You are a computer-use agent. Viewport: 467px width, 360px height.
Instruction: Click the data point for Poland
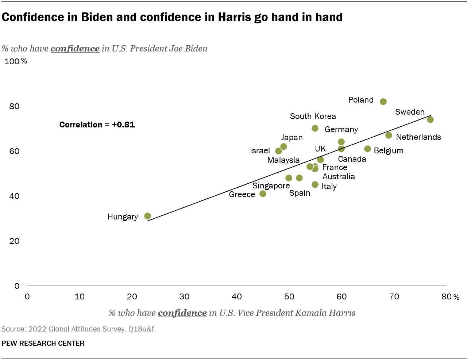383,102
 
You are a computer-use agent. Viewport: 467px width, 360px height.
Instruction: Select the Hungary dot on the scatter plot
147,216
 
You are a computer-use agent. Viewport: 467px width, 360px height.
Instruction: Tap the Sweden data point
430,119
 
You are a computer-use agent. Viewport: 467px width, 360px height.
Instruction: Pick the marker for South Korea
315,128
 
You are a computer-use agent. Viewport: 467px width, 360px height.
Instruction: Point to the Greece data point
263,194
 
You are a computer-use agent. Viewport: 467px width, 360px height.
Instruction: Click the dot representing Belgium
367,149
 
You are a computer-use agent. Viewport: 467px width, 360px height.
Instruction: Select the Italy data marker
315,184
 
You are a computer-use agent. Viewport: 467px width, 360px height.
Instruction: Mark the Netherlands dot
389,135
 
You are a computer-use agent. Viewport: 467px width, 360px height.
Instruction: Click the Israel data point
278,151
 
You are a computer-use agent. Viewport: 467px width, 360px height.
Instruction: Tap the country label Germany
341,130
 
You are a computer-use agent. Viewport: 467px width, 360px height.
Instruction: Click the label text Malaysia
283,160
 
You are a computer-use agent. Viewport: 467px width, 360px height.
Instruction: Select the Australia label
339,177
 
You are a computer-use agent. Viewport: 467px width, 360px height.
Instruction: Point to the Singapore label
271,186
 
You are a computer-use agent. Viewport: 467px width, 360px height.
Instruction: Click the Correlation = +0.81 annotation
97,125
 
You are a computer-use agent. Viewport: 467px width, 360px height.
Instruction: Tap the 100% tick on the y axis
15,61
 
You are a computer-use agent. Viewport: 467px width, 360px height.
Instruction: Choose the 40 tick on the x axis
237,297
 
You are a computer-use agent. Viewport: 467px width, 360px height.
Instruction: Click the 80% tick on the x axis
449,297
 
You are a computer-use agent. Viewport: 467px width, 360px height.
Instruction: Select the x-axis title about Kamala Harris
232,313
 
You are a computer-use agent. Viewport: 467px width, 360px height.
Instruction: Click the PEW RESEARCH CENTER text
43,344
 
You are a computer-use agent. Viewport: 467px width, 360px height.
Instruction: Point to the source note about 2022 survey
78,329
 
